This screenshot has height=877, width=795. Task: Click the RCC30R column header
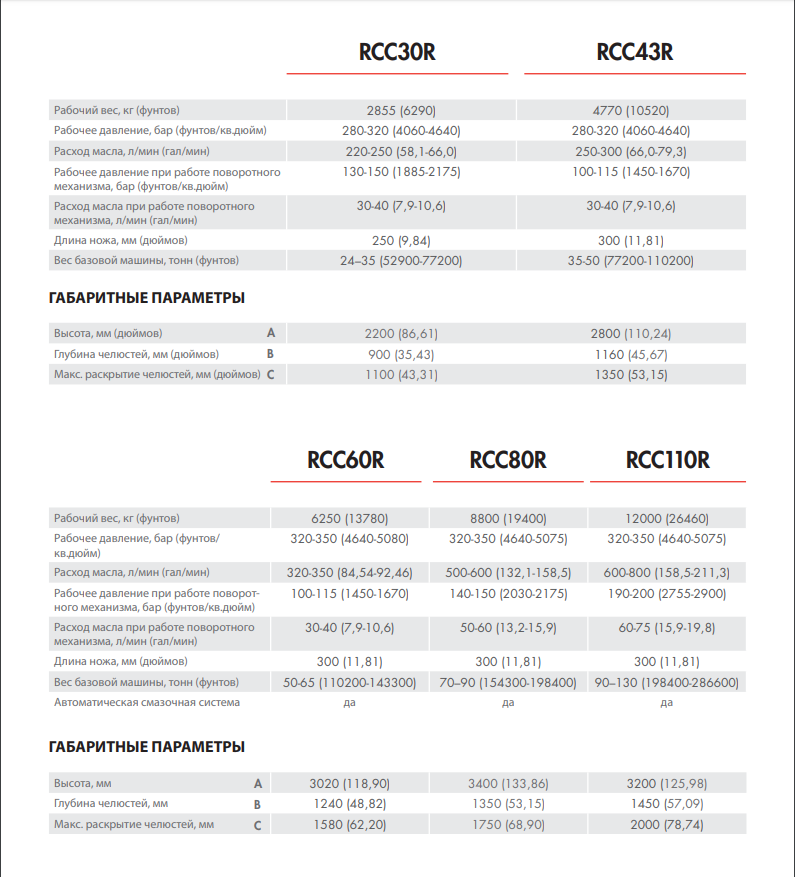(x=397, y=52)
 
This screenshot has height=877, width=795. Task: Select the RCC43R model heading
(x=634, y=52)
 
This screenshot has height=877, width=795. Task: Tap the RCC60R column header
(x=346, y=460)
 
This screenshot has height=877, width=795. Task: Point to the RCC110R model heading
(x=667, y=460)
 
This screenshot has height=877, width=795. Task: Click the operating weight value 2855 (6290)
(x=402, y=110)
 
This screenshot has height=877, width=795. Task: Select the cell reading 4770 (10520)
(x=631, y=110)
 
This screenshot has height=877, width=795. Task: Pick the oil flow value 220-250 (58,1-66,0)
(x=401, y=151)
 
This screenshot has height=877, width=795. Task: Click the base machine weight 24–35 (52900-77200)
(x=401, y=261)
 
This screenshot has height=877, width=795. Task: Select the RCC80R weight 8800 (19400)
(x=508, y=519)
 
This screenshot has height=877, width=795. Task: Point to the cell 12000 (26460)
(x=667, y=519)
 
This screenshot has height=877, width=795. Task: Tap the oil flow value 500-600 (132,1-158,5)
(x=508, y=572)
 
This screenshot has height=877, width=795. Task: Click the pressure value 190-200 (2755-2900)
(x=667, y=594)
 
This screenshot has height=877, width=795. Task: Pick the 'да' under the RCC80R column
(x=508, y=703)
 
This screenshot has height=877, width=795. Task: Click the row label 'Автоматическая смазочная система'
(x=147, y=703)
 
